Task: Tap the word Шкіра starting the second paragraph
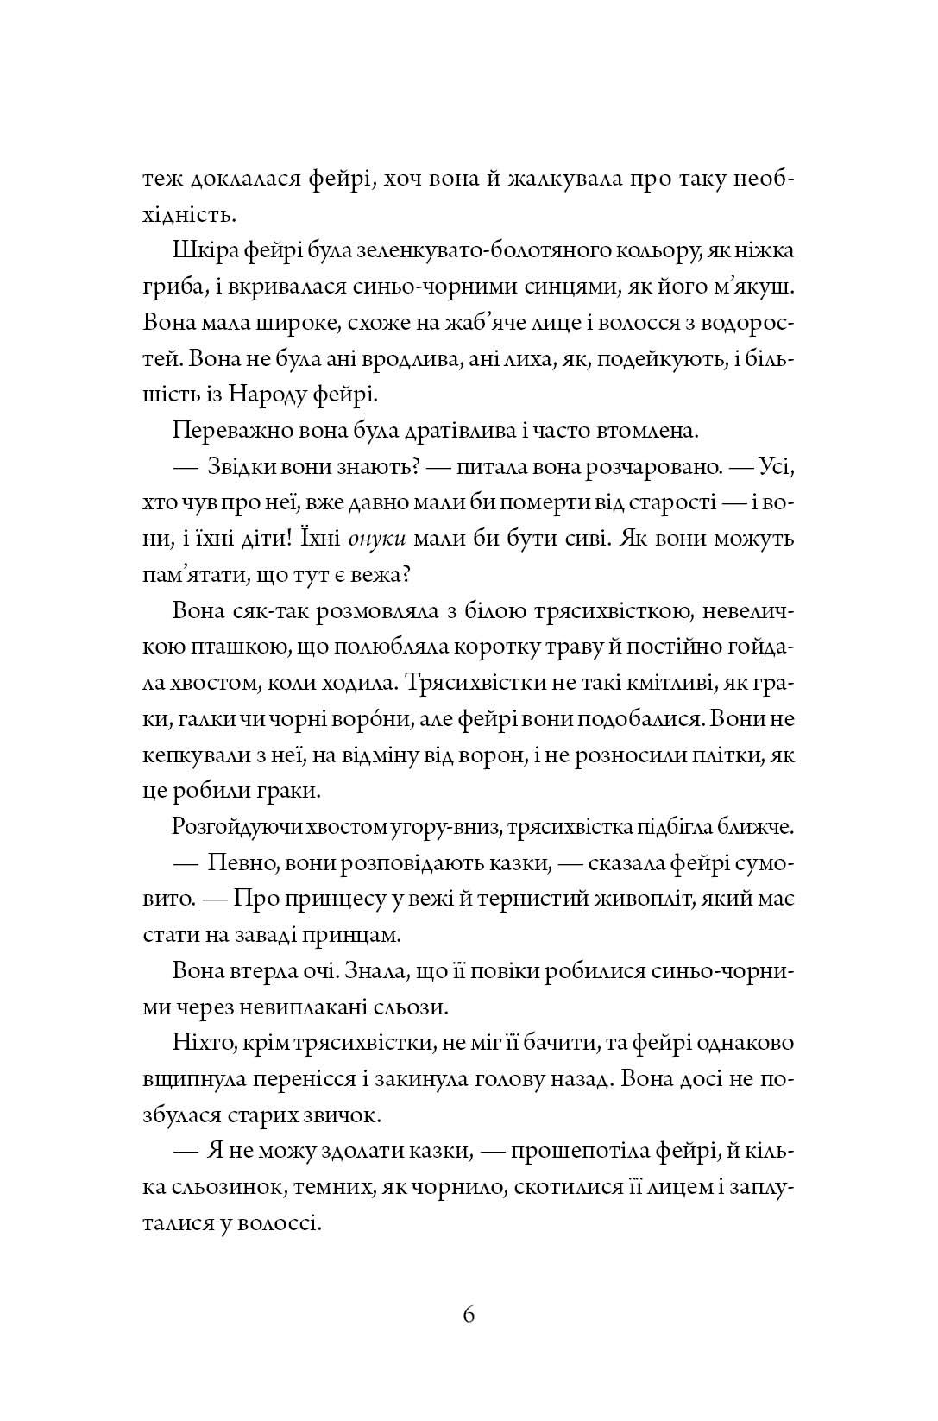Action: [x=200, y=250]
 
